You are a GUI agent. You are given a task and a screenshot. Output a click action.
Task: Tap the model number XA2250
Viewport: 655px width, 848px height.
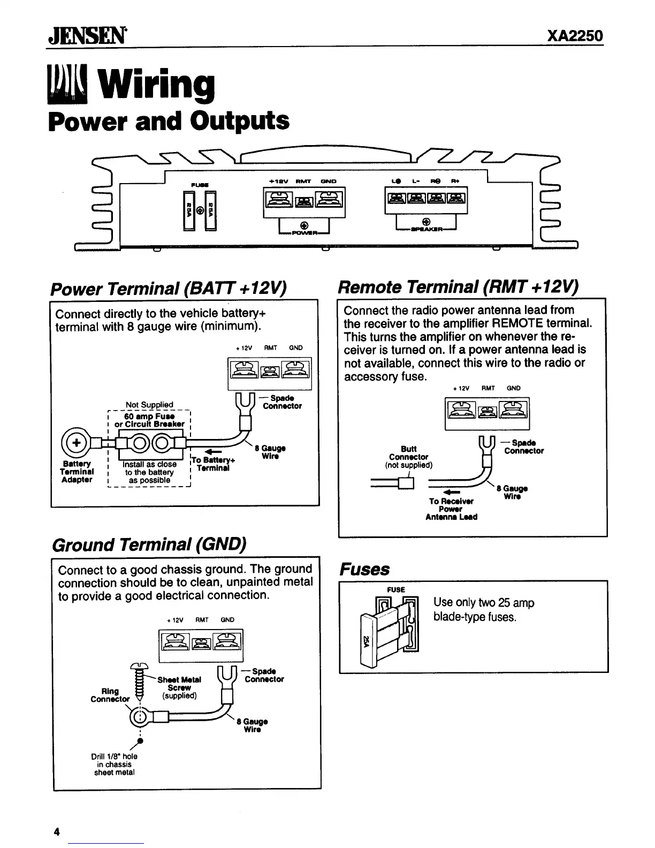(x=575, y=36)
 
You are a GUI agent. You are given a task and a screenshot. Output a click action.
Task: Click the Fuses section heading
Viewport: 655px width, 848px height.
(x=365, y=569)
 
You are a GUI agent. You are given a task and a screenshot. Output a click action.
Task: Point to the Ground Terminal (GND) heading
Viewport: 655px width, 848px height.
(x=149, y=545)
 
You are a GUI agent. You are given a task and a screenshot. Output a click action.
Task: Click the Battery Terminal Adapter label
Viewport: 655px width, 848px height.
(x=77, y=472)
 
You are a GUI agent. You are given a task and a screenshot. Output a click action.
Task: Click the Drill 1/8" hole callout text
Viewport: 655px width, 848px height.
(x=114, y=764)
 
